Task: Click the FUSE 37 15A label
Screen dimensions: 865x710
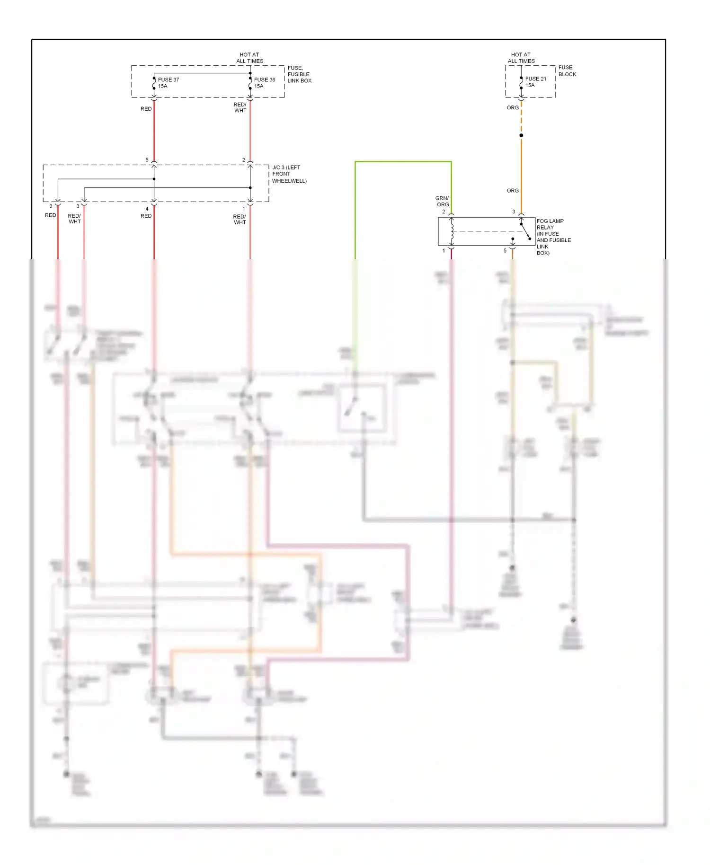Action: click(x=168, y=83)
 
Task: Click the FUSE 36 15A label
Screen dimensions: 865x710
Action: click(x=264, y=83)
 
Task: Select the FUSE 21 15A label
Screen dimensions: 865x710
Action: click(x=535, y=82)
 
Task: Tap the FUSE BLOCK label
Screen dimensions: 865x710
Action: click(x=567, y=71)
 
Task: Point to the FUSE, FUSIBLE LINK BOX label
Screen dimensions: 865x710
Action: click(x=299, y=74)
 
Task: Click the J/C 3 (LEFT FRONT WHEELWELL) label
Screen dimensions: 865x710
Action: click(x=289, y=174)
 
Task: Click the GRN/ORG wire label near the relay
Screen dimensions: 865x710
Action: click(x=442, y=201)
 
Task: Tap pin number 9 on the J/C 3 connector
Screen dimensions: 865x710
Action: click(x=51, y=206)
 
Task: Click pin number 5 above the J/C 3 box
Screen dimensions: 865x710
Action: click(x=147, y=160)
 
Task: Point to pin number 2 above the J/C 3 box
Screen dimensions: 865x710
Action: click(x=244, y=160)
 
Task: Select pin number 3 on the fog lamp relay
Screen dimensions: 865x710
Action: click(x=514, y=212)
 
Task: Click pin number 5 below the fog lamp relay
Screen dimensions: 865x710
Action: click(x=505, y=251)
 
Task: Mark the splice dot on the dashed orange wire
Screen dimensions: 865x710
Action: click(x=521, y=135)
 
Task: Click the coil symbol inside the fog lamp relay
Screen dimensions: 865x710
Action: click(x=452, y=231)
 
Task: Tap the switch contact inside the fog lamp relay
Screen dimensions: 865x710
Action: click(x=525, y=231)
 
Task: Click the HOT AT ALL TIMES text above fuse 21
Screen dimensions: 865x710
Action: click(x=521, y=58)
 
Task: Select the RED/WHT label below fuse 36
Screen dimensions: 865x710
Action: click(x=240, y=107)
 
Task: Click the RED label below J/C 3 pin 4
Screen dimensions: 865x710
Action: click(x=146, y=216)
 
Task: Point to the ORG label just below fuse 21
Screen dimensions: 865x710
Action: click(x=513, y=108)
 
